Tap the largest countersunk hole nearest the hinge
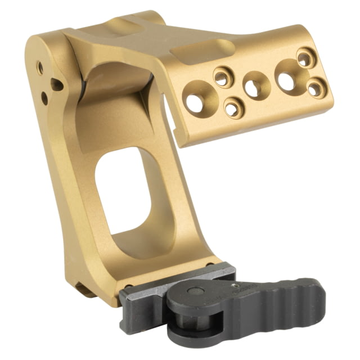(196, 102)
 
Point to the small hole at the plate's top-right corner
(304, 57)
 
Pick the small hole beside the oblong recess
(223, 77)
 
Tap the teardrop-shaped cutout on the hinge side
(57, 84)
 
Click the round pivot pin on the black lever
(195, 292)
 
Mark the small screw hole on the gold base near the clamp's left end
(129, 286)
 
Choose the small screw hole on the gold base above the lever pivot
(210, 264)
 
